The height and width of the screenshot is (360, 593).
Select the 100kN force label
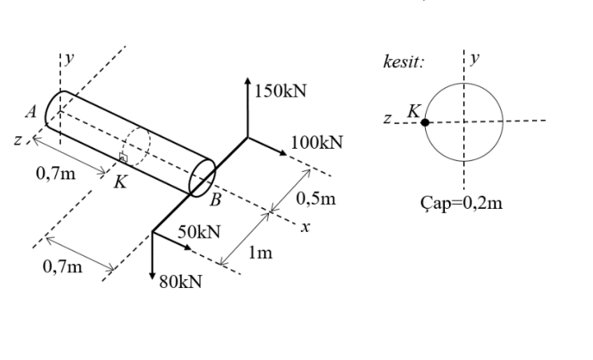[317, 142]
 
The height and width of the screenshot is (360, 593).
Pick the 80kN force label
[181, 282]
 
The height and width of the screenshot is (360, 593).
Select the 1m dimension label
[261, 254]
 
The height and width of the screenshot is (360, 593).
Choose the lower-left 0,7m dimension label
[62, 266]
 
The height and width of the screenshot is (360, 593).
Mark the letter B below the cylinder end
[215, 200]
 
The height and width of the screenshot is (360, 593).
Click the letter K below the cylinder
[119, 182]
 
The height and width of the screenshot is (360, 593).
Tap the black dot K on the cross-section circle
[426, 122]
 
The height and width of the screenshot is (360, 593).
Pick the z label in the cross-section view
[387, 121]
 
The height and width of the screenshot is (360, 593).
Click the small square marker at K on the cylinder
[123, 158]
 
